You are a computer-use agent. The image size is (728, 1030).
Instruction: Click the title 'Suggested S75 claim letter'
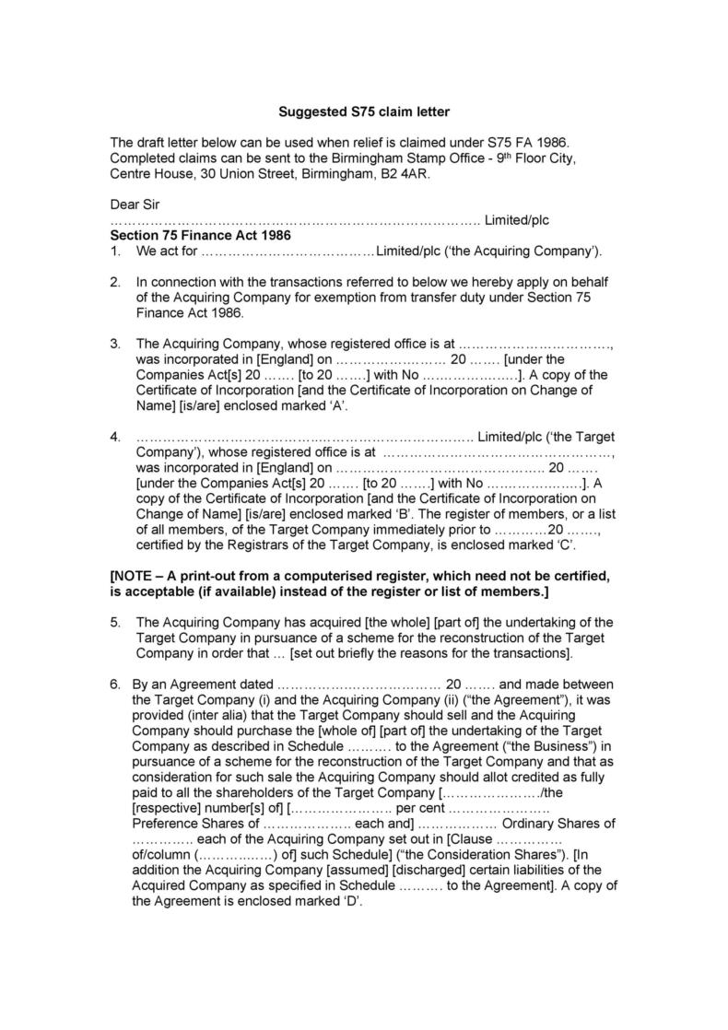[x=364, y=112]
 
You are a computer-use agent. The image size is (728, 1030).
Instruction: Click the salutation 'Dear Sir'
[x=135, y=204]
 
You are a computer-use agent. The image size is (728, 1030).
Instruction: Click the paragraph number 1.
[x=115, y=251]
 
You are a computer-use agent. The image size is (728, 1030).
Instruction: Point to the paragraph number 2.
[x=115, y=281]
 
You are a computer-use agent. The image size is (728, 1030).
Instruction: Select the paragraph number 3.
[x=115, y=344]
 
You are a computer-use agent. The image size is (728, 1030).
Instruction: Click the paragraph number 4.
[x=115, y=436]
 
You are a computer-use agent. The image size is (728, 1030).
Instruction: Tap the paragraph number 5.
[x=115, y=622]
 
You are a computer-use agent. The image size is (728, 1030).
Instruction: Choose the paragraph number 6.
[x=115, y=685]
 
